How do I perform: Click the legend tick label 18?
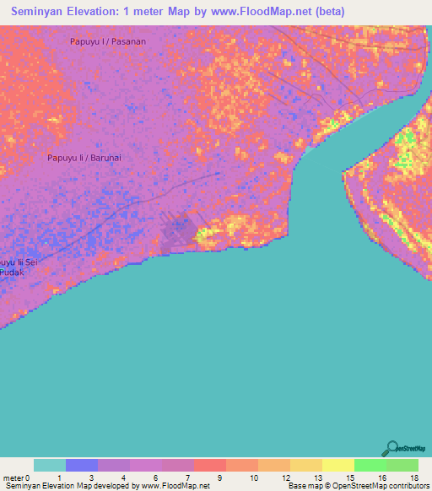[413, 478]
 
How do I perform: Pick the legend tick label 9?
[219, 478]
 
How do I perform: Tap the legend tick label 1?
[59, 478]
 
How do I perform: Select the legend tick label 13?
[316, 478]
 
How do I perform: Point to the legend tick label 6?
[154, 478]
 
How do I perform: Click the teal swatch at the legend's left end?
[50, 465]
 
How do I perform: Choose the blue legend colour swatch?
[82, 465]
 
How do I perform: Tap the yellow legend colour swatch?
[337, 465]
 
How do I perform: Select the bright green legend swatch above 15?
[370, 465]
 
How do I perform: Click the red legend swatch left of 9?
[210, 465]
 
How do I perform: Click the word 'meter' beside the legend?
[14, 478]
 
